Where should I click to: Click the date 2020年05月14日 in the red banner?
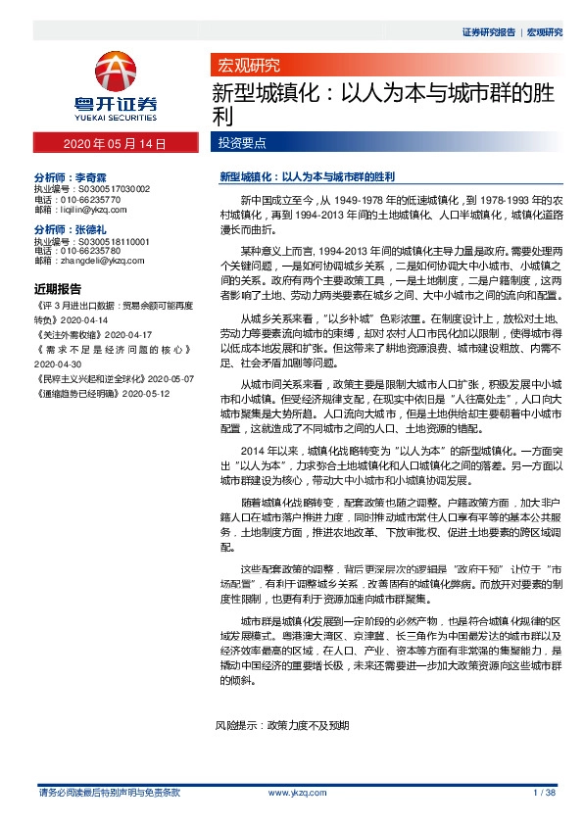coord(115,144)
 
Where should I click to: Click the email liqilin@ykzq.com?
coord(91,210)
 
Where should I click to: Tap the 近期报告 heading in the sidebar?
coord(58,290)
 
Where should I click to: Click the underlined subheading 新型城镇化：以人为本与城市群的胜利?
coord(306,177)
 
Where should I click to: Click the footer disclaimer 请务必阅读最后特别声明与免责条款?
coord(108,791)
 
